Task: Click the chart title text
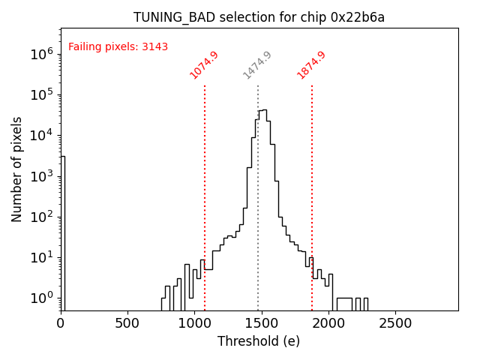pyautogui.click(x=259, y=17)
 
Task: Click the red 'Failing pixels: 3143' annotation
pyautogui.click(x=118, y=47)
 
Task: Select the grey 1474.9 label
pyautogui.click(x=257, y=65)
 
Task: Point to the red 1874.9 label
pyautogui.click(x=311, y=65)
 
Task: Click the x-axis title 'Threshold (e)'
pyautogui.click(x=259, y=341)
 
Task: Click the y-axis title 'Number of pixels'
pyautogui.click(x=17, y=169)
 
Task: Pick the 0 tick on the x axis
pyautogui.click(x=61, y=323)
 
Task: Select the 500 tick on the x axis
pyautogui.click(x=127, y=323)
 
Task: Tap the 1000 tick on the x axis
pyautogui.click(x=194, y=323)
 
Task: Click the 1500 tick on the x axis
pyautogui.click(x=262, y=323)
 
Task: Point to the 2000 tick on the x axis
pyautogui.click(x=328, y=323)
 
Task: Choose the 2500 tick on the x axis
pyautogui.click(x=395, y=323)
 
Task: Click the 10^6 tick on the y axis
pyautogui.click(x=40, y=54)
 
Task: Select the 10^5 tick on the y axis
pyautogui.click(x=40, y=94)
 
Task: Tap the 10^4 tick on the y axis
pyautogui.click(x=40, y=136)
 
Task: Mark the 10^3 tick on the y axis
pyautogui.click(x=40, y=176)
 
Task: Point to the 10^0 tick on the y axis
pyautogui.click(x=40, y=298)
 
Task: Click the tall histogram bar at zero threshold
pyautogui.click(x=63, y=232)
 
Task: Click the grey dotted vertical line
pyautogui.click(x=258, y=187)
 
